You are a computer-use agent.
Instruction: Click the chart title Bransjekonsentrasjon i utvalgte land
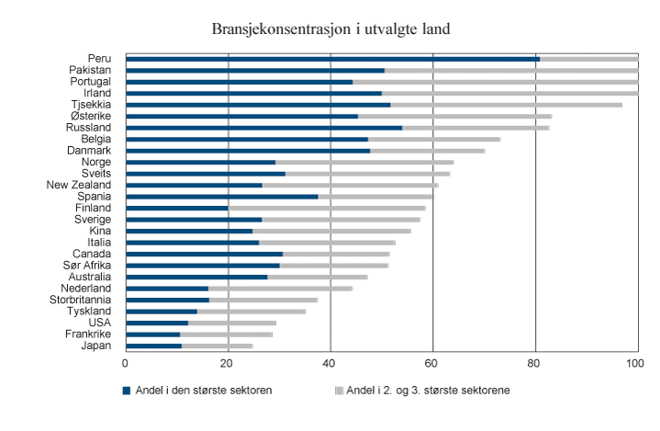click(x=330, y=29)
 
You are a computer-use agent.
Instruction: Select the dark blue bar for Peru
click(x=332, y=59)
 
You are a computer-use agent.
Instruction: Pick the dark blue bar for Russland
click(x=263, y=128)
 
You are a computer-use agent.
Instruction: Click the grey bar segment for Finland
click(x=327, y=208)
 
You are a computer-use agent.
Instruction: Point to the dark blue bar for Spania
click(x=221, y=197)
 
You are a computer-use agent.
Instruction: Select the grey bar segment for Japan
click(x=217, y=346)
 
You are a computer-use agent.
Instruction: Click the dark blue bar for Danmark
click(x=248, y=151)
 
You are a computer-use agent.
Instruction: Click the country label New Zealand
click(x=79, y=185)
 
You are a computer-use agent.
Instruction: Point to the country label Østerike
click(x=91, y=116)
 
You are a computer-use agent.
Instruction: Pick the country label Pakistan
click(x=90, y=70)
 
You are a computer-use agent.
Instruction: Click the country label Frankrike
click(x=88, y=335)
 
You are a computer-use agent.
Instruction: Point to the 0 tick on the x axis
click(x=126, y=365)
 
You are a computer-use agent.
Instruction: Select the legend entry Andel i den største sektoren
click(x=203, y=391)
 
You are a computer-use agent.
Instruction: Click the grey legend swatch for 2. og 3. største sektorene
click(x=338, y=391)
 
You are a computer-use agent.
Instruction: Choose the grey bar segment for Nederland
click(x=280, y=289)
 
